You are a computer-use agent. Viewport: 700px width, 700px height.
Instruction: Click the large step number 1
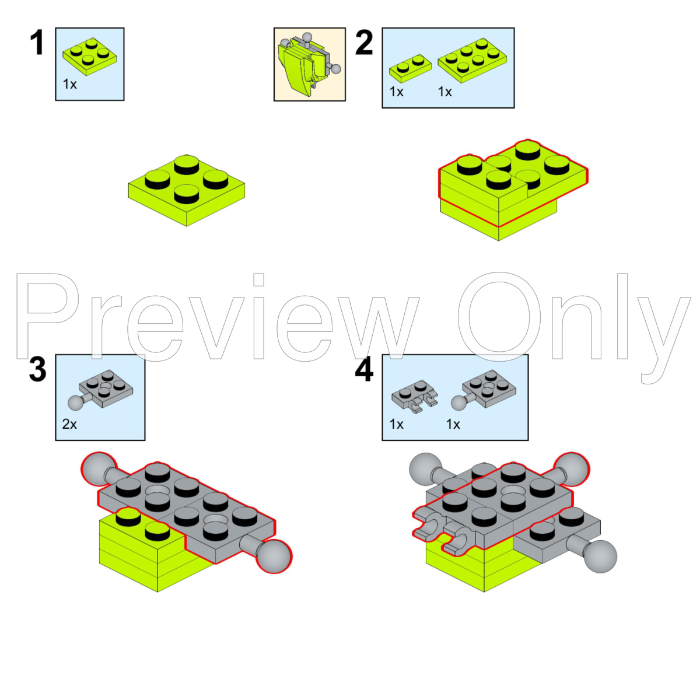tap(37, 43)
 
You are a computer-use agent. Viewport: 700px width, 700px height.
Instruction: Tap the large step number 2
tap(363, 43)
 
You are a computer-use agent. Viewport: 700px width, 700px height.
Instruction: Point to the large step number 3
tap(37, 369)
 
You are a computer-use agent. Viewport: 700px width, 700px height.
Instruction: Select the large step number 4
tap(364, 369)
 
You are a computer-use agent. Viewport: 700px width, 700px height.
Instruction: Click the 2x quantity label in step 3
tap(69, 424)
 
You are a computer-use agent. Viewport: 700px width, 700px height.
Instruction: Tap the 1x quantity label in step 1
tap(70, 84)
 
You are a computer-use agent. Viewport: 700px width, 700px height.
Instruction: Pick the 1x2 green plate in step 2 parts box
tap(410, 68)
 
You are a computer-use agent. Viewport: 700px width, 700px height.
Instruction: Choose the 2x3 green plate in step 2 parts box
tap(473, 60)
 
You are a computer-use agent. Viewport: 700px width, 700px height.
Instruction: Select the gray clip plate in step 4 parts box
tap(415, 396)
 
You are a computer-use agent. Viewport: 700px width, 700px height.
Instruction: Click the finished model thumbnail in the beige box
tap(309, 64)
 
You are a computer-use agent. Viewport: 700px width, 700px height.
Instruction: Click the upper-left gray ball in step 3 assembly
tap(98, 468)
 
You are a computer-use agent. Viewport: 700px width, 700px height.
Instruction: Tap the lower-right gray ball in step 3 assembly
tap(274, 556)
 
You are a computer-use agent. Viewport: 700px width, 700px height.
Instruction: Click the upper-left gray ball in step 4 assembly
tap(425, 468)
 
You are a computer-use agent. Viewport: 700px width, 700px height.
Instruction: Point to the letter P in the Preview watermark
tap(47, 316)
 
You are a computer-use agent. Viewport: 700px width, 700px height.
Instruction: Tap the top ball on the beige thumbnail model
tap(307, 37)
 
